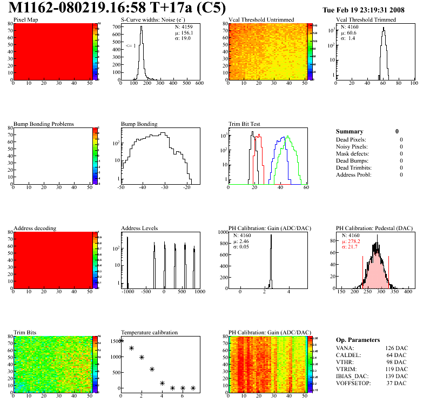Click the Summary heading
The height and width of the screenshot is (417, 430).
(350, 131)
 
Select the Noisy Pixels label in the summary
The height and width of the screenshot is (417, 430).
(352, 146)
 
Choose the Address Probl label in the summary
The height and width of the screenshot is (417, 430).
(353, 174)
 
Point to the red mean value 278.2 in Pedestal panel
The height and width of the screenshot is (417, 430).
(352, 241)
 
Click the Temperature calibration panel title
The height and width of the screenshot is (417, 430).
(149, 333)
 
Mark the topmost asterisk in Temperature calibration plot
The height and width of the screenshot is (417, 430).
(121, 340)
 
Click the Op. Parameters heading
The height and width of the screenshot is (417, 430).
(358, 340)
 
